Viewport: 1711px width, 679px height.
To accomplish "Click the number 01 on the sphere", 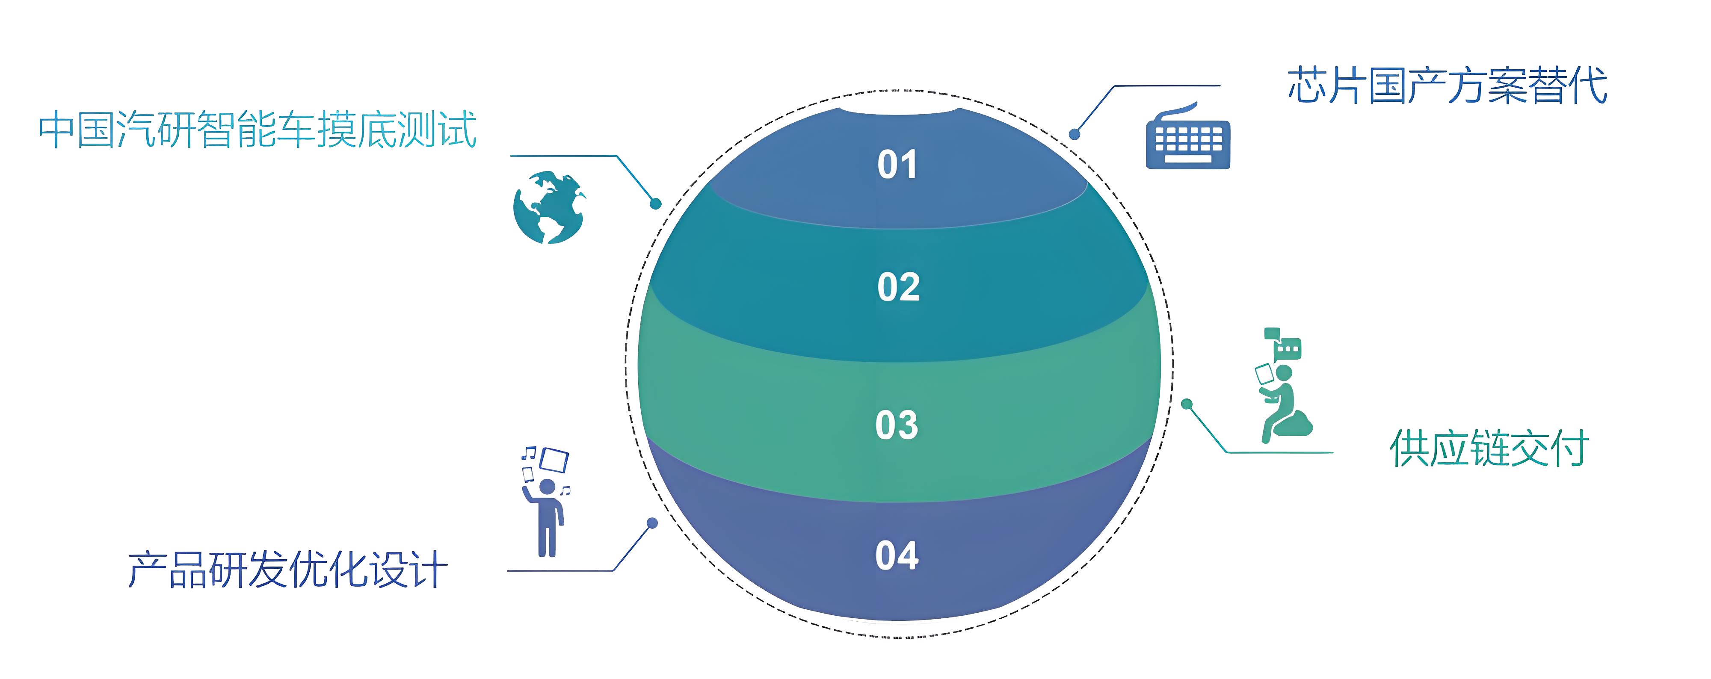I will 897,165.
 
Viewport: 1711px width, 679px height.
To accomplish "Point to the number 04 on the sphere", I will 897,555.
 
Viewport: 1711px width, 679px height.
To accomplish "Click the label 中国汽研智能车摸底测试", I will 258,130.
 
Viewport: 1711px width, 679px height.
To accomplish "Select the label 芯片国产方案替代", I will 1447,86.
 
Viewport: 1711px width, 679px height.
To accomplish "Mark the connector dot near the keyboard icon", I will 1074,134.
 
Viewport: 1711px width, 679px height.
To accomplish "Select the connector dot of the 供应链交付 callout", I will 1186,404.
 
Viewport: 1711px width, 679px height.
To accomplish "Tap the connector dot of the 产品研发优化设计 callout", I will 652,523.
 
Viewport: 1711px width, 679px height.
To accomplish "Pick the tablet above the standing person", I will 554,459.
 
